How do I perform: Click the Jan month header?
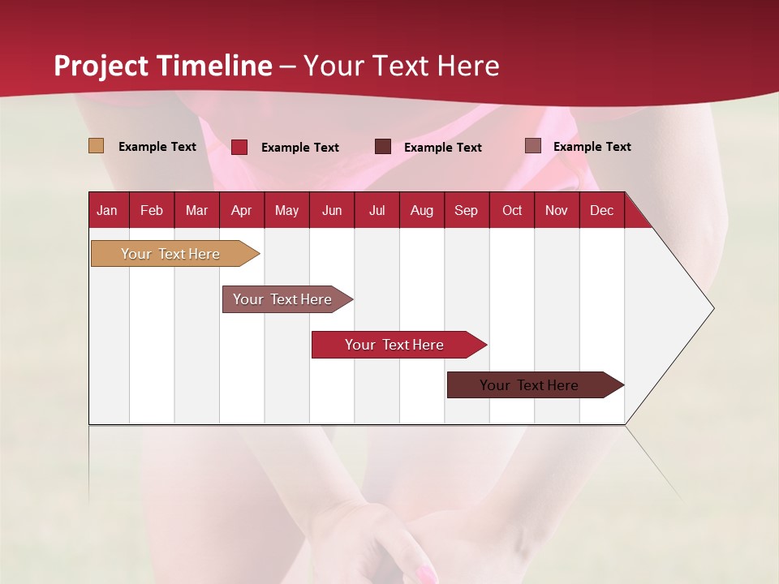tap(107, 211)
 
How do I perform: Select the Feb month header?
tap(152, 211)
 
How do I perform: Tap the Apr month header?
tap(241, 211)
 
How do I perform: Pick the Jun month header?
tap(332, 211)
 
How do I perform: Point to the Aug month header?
tap(421, 211)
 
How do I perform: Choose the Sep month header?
tap(466, 211)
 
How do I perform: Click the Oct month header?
tap(512, 211)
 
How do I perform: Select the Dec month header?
tap(601, 211)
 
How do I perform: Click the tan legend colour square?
tap(96, 146)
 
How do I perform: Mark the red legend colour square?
tap(239, 147)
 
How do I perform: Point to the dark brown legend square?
tap(383, 147)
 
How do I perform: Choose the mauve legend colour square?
tap(532, 146)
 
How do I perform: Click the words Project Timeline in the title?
tap(163, 66)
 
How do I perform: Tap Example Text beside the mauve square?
tap(592, 147)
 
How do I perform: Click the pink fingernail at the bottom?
tap(426, 574)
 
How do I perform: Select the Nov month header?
tap(557, 211)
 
